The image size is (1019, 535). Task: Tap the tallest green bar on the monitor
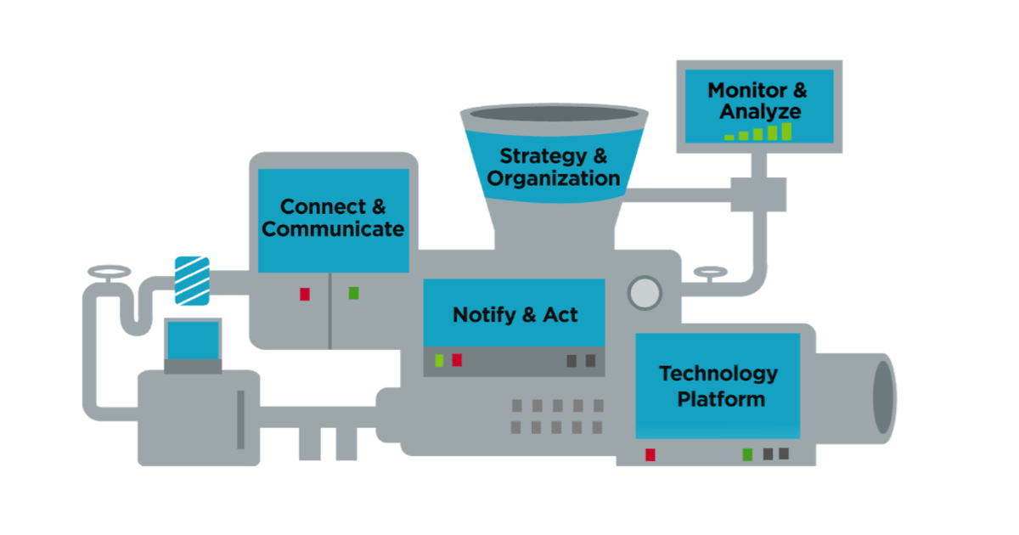click(786, 131)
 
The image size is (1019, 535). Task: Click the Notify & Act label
click(515, 315)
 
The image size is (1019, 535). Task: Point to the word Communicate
click(333, 229)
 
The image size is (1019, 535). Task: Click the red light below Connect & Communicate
click(305, 294)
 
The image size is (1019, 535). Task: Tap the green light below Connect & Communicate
click(353, 293)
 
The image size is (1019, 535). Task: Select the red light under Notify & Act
click(457, 360)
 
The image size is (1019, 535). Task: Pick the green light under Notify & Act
click(439, 360)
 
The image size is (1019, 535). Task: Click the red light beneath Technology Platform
click(650, 454)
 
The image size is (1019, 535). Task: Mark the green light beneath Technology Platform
click(747, 454)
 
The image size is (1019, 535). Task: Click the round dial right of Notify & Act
click(644, 292)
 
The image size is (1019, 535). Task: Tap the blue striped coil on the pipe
click(191, 280)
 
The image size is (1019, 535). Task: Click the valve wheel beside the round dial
click(710, 273)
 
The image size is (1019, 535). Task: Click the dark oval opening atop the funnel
click(552, 114)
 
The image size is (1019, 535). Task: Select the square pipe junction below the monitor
click(758, 194)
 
